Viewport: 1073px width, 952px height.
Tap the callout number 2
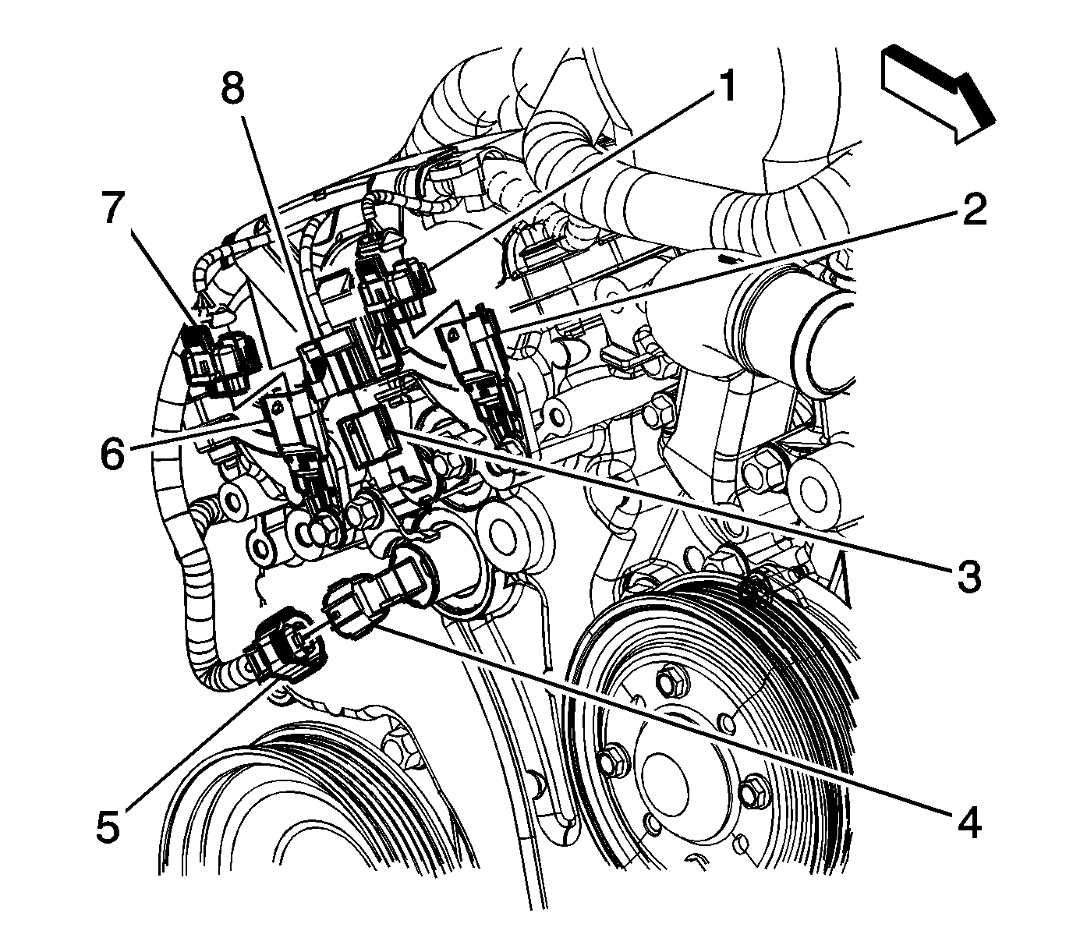pos(972,209)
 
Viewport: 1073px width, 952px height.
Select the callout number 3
pos(967,576)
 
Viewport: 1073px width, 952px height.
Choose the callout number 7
pos(111,209)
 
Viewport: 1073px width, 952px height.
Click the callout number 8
pos(232,88)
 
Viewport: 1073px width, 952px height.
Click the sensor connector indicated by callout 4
pos(355,604)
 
